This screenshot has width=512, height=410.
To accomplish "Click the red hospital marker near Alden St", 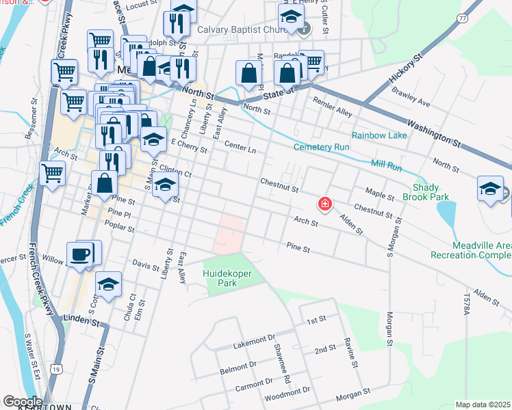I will click(x=325, y=204).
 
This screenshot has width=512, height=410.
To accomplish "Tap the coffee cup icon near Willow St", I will click(x=80, y=254).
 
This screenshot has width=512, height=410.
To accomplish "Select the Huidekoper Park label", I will click(x=228, y=278).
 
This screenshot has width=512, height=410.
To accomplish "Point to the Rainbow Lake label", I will click(x=379, y=135).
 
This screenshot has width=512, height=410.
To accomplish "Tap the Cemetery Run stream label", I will click(x=322, y=147).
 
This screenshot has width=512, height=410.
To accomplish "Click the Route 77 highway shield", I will click(x=463, y=18).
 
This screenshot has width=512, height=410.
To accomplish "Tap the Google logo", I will click(x=23, y=402).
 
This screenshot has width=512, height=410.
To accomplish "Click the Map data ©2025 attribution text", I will click(x=483, y=405).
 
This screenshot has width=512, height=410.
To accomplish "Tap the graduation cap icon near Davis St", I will click(x=108, y=284).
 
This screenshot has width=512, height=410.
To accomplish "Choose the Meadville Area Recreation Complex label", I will click(x=470, y=250).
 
